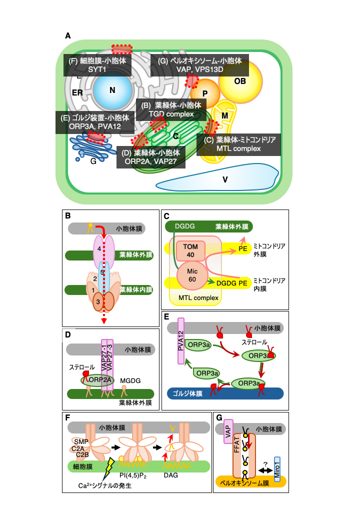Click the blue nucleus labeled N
click(x=112, y=91)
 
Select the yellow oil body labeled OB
click(x=240, y=81)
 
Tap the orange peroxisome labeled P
click(x=205, y=93)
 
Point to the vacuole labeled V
click(x=225, y=178)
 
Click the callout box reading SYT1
click(x=97, y=65)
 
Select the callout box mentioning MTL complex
click(x=239, y=144)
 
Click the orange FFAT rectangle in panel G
click(x=243, y=455)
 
